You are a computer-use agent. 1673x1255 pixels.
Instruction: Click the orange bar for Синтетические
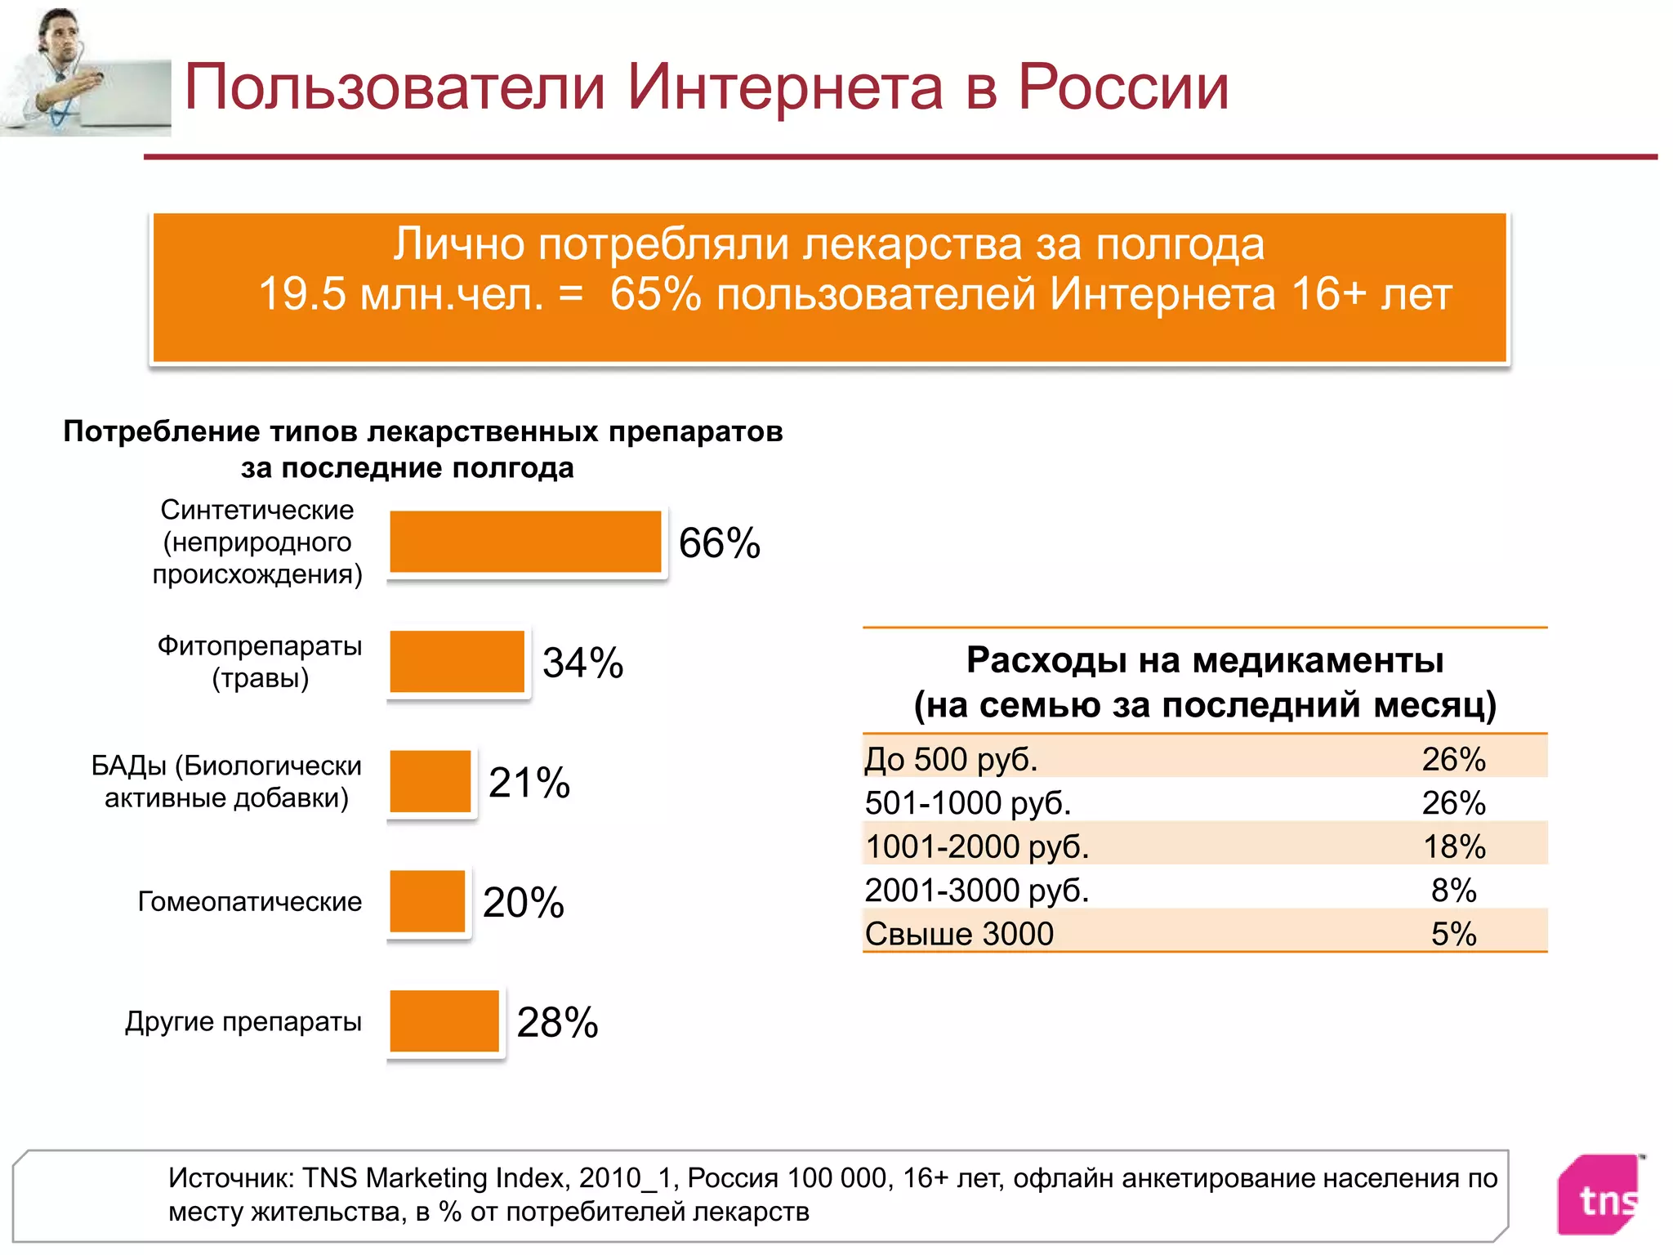(525, 542)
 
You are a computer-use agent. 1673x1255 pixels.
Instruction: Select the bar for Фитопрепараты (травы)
(457, 662)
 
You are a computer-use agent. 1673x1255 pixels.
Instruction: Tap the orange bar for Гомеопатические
(427, 901)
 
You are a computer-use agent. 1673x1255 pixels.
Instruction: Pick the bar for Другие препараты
(444, 1021)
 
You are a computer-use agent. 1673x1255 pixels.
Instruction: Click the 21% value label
(529, 783)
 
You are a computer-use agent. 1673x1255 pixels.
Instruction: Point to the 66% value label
(719, 543)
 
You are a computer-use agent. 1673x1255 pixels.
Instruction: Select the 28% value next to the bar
(557, 1023)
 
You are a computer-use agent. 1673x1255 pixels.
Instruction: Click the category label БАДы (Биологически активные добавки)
(226, 781)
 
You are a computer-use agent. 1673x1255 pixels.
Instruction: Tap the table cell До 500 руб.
(951, 759)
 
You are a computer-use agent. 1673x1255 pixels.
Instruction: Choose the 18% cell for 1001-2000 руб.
(1453, 846)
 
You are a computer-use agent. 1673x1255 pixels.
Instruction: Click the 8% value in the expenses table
(1453, 891)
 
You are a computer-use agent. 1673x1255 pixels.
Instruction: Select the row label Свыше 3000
(959, 934)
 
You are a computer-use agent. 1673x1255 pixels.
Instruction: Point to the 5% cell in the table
(1453, 934)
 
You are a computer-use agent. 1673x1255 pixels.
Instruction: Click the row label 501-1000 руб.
(967, 803)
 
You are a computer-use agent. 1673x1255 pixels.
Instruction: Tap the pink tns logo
(1601, 1195)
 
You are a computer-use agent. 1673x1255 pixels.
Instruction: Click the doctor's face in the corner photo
(61, 36)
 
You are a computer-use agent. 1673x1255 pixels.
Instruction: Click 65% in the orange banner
(655, 294)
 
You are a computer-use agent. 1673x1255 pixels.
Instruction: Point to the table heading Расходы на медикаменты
(1204, 660)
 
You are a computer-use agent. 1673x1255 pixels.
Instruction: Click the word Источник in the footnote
(230, 1178)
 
